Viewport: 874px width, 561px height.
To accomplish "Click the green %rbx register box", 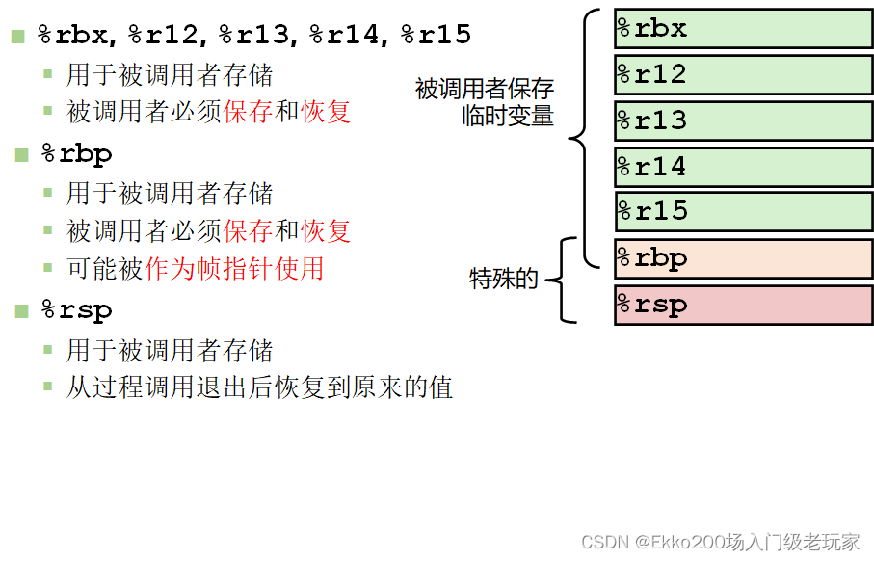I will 743,29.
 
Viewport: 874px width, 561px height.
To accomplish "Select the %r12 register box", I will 743,74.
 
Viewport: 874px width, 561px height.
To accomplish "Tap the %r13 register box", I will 743,120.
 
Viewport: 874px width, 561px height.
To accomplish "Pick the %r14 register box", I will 743,167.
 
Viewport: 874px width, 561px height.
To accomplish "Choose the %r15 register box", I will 743,211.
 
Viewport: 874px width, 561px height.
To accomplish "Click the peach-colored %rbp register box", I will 743,258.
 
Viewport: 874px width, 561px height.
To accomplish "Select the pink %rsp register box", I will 743,305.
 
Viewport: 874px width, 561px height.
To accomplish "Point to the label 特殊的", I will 503,280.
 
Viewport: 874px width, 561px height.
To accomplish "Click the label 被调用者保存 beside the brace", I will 485,90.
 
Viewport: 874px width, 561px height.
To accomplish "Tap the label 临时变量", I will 508,117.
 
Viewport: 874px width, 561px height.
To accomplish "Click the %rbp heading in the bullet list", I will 76,154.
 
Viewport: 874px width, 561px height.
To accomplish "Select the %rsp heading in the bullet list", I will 76,310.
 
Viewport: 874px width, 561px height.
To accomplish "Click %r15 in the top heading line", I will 436,36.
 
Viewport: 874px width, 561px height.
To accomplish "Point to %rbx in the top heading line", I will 75,36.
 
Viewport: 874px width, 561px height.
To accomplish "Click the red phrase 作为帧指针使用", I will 234,268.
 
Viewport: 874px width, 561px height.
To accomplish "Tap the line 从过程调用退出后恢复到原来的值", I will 259,387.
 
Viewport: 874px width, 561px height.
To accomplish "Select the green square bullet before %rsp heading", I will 21,311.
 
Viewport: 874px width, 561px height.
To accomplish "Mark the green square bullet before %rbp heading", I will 21,155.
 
